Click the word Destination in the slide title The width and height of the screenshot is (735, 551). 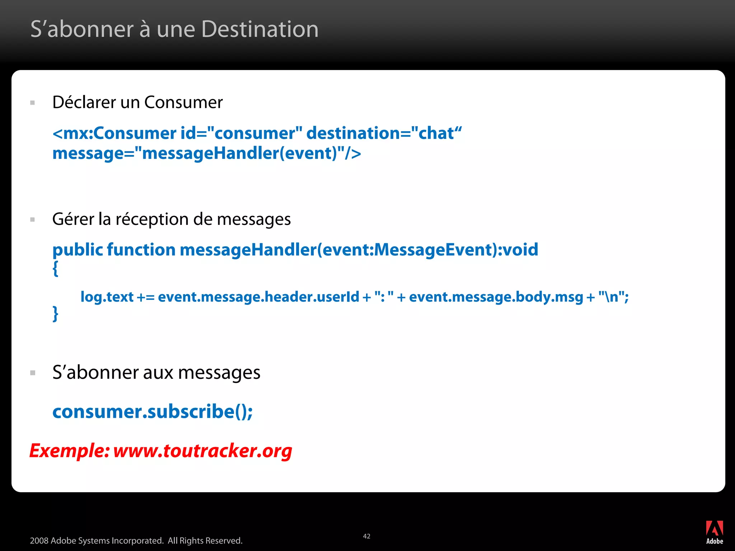260,29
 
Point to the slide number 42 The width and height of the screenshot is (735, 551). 366,536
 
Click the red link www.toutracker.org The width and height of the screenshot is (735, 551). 202,451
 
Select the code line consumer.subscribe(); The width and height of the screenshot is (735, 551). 153,411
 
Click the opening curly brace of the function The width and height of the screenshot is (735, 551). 55,268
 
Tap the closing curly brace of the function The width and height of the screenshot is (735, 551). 55,314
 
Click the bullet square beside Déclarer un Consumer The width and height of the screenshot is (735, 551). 33,103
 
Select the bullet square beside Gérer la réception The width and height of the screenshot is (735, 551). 33,220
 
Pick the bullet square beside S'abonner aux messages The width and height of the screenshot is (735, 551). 33,373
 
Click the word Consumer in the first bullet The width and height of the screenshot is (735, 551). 183,103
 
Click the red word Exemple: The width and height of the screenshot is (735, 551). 69,451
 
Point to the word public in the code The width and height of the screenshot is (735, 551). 78,250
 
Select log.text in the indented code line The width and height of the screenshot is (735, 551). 107,297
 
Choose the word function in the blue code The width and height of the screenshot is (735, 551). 141,250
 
